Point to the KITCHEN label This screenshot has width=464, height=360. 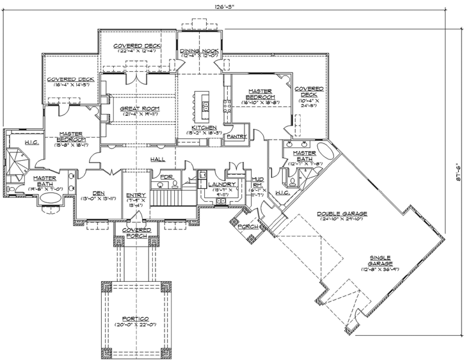point(204,127)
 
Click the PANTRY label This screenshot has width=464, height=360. point(236,136)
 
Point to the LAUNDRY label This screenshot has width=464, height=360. point(223,184)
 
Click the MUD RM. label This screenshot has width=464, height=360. point(258,182)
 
